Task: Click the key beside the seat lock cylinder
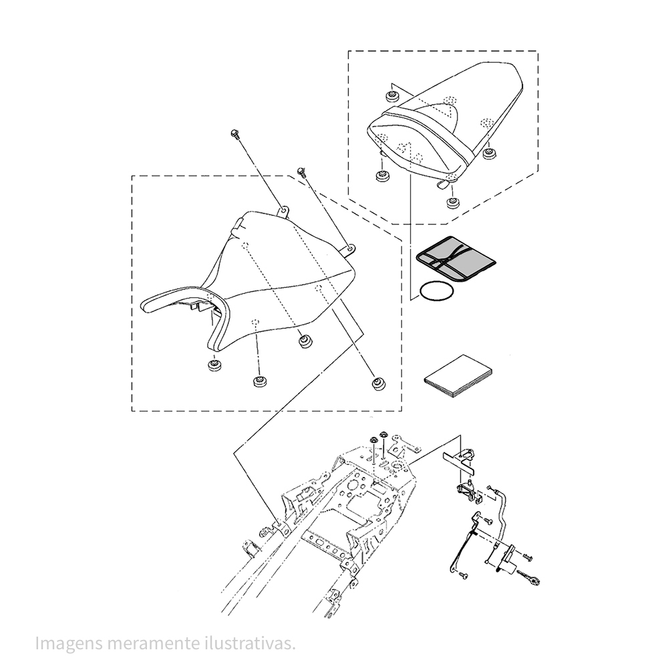coord(530,578)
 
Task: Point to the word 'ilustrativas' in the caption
coord(253,643)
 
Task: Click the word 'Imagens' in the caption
coord(69,643)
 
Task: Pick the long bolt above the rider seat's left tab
coord(235,134)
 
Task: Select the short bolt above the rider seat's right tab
coord(302,172)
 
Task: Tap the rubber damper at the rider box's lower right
coord(378,383)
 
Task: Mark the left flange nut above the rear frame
coord(373,440)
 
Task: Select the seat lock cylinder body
coord(507,558)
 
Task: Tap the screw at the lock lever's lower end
coord(464,576)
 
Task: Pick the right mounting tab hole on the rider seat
coord(350,247)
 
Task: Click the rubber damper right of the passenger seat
coord(490,154)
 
